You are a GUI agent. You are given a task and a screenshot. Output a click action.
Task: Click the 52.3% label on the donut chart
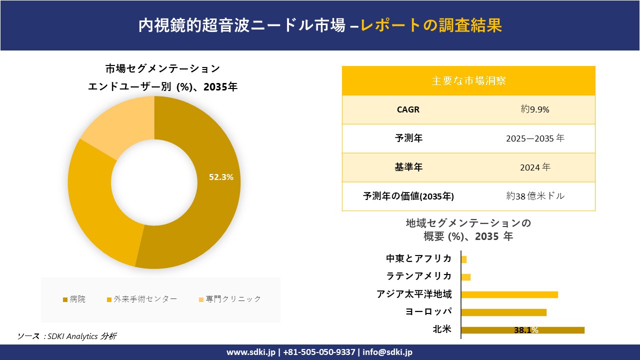tap(221, 177)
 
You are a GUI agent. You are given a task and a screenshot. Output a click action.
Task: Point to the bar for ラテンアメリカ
tap(466, 277)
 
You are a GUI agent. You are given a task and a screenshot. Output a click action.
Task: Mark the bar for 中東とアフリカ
tap(464, 259)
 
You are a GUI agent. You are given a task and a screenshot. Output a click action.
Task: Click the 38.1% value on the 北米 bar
tap(526, 330)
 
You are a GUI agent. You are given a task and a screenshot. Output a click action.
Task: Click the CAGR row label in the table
tap(408, 109)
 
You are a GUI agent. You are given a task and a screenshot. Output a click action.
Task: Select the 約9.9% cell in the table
tap(534, 109)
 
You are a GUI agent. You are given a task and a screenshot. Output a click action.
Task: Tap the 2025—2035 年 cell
tap(534, 138)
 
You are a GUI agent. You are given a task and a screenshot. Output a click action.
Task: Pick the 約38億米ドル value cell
tap(534, 196)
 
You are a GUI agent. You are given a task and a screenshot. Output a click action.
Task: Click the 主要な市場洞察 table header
tap(468, 80)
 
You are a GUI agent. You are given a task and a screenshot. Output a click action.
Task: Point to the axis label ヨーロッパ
tap(428, 312)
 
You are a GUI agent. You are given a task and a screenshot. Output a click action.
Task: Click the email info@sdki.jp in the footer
tap(387, 352)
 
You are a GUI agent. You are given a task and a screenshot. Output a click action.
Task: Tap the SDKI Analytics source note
tap(67, 336)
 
